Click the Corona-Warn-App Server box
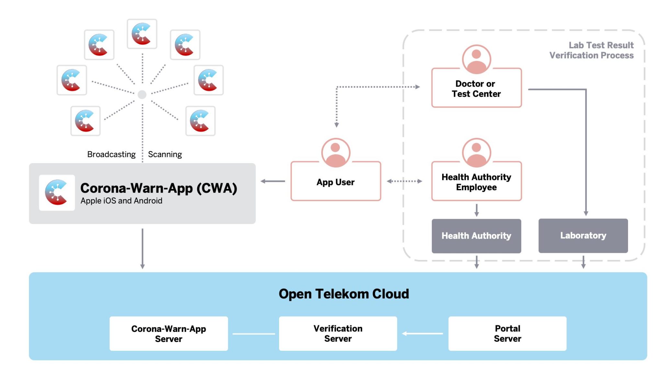(x=168, y=334)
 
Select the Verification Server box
(x=338, y=334)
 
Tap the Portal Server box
(x=507, y=334)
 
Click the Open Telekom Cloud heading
(x=343, y=294)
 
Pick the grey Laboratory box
(x=583, y=236)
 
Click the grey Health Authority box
(x=476, y=236)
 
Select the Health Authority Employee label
(x=476, y=182)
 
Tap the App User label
(x=335, y=182)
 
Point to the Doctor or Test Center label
(x=476, y=89)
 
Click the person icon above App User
(x=335, y=152)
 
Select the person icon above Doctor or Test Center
(x=476, y=59)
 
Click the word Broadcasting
(x=111, y=154)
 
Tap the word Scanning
(x=165, y=154)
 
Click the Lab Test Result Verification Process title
(x=591, y=50)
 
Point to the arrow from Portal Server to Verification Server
(x=422, y=334)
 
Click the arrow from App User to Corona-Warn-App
(x=273, y=181)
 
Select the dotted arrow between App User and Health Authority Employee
(x=404, y=181)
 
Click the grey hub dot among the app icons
(x=142, y=94)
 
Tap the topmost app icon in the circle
(x=142, y=34)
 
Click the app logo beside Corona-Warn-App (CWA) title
(x=57, y=193)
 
